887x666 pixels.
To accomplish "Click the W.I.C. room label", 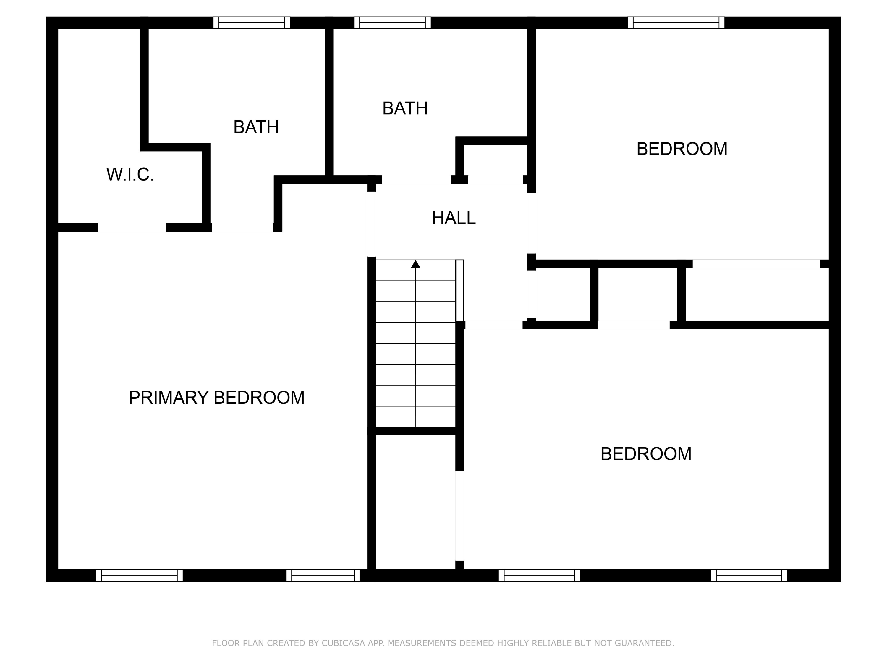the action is (x=130, y=175).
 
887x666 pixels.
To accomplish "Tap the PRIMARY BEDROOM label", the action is (x=216, y=398).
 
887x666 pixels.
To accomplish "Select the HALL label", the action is (x=454, y=218).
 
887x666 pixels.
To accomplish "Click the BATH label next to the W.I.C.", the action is (x=256, y=127).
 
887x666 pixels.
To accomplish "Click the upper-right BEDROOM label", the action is (x=682, y=149).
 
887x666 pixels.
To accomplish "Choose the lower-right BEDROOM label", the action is (x=646, y=454).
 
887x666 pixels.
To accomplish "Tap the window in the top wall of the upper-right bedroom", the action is (x=676, y=23).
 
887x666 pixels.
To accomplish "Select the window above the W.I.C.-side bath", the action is (x=251, y=23).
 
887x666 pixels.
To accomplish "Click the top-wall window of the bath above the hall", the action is (x=392, y=23).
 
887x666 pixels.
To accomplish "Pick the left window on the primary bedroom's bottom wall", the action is (x=139, y=575).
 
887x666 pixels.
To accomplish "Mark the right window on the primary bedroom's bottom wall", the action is (x=323, y=575).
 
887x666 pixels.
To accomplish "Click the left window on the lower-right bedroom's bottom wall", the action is (x=539, y=575).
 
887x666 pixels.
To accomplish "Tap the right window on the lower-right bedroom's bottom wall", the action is (x=749, y=575).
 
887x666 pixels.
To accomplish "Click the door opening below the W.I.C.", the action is (x=132, y=228).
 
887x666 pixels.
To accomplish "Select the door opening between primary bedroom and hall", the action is (x=371, y=224).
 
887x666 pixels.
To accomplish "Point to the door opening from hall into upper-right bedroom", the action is (x=531, y=223).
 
